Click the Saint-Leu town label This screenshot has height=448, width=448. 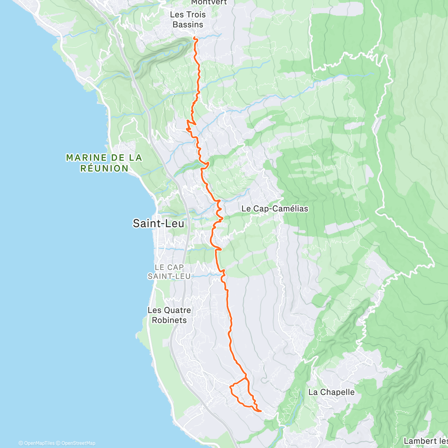pos(158,223)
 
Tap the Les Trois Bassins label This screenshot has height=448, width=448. pos(188,19)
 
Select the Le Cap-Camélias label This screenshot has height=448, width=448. pos(275,209)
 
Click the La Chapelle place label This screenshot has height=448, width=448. pos(331,392)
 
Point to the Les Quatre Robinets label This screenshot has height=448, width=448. pos(169,315)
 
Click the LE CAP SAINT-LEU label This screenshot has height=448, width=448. pos(169,272)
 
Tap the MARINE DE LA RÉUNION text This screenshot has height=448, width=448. pos(104,163)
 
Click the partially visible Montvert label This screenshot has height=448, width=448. pos(209,3)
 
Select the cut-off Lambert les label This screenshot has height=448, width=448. pos(425,441)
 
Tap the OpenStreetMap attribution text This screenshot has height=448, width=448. pos(78,443)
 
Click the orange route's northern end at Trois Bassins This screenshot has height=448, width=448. pos(195,38)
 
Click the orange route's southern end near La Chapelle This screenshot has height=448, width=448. pos(260,411)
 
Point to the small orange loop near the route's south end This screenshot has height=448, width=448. pos(239,392)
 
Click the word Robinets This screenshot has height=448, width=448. pos(169,320)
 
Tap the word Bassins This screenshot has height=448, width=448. pos(188,25)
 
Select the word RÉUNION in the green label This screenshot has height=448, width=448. pos(104,168)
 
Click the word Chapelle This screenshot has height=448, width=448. pos(337,392)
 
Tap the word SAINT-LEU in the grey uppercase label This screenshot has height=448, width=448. pos(169,276)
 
